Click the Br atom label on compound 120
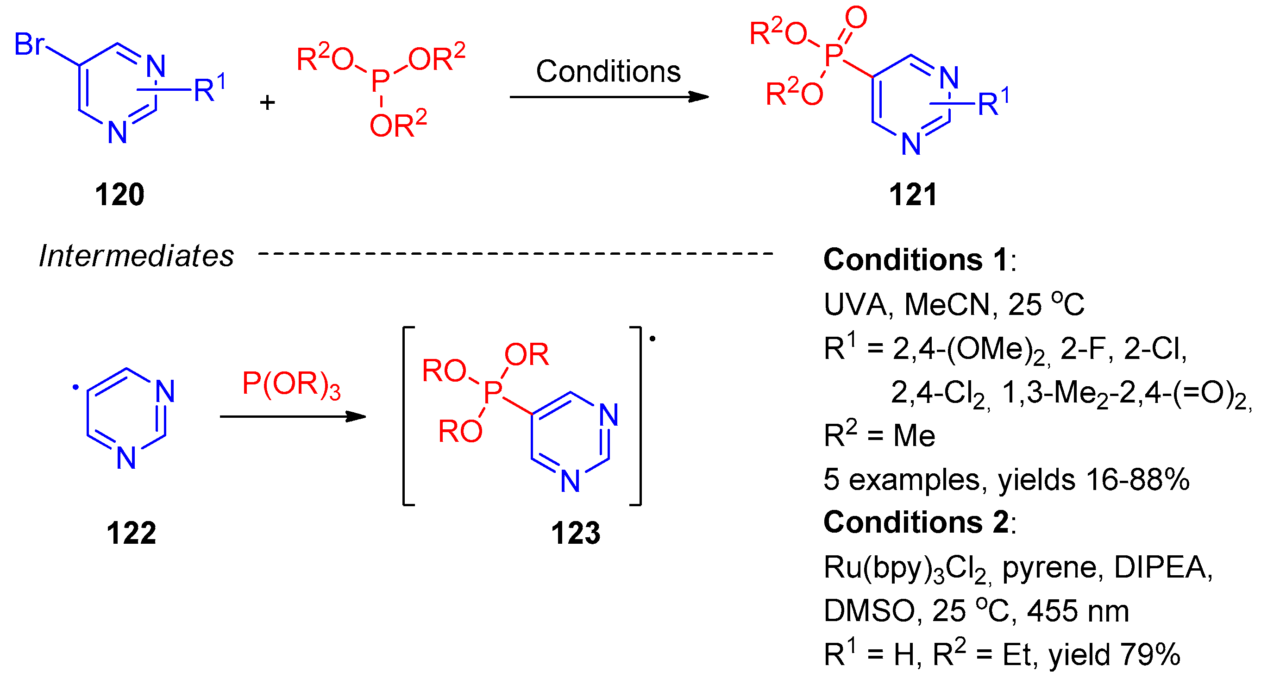[29, 44]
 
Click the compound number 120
[119, 195]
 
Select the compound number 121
[913, 195]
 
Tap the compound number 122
[131, 533]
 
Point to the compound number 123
[575, 533]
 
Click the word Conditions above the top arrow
[608, 71]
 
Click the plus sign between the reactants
[267, 103]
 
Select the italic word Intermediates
[136, 256]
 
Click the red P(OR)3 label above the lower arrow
[291, 384]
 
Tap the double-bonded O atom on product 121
[856, 18]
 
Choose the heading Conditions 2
[916, 522]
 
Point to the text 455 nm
[1078, 611]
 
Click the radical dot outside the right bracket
[652, 339]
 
